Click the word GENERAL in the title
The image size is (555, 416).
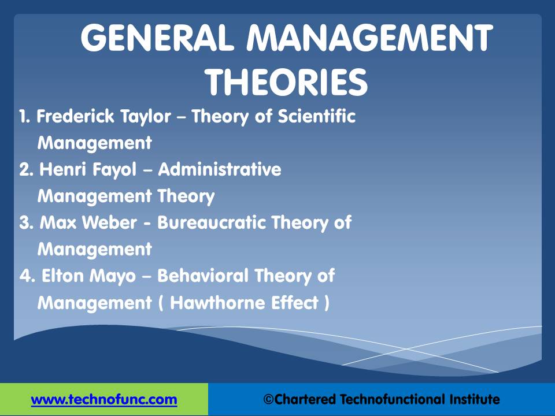click(158, 37)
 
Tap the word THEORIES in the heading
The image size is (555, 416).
click(286, 82)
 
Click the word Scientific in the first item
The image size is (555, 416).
click(316, 116)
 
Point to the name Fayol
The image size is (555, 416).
click(114, 170)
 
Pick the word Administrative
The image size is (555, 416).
click(220, 169)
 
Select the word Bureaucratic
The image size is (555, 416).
click(212, 222)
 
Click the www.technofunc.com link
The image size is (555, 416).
click(104, 400)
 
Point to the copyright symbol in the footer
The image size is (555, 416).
click(268, 400)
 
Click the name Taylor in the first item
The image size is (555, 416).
click(146, 117)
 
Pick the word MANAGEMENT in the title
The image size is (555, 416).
click(370, 37)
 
